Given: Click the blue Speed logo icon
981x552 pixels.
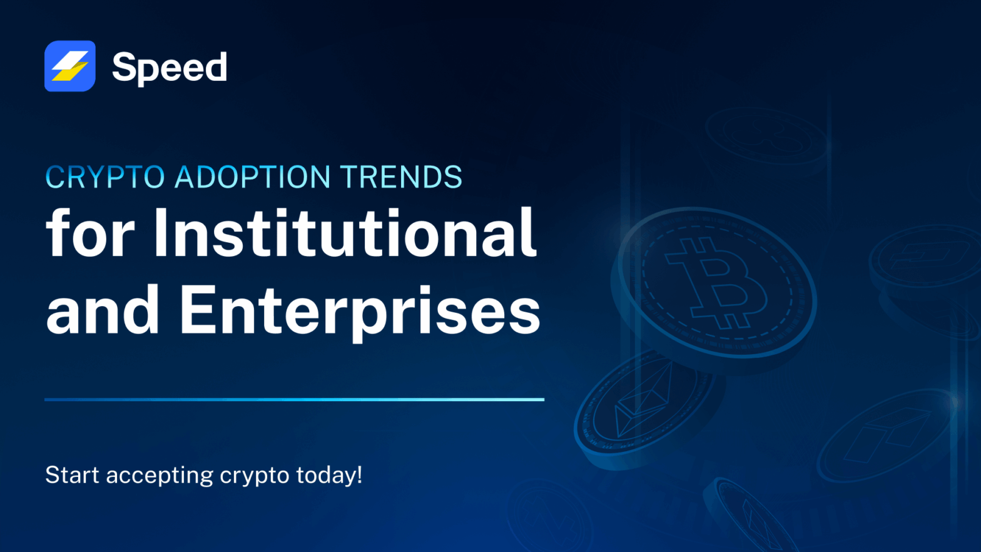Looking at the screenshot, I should (70, 66).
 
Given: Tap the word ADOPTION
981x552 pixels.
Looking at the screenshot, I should (252, 177).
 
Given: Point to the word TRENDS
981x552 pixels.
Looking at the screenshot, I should (401, 177).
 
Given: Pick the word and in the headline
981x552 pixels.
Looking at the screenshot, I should (103, 310).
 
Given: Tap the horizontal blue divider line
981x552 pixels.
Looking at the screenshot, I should (294, 399).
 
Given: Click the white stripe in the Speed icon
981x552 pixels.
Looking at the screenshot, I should (71, 60).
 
